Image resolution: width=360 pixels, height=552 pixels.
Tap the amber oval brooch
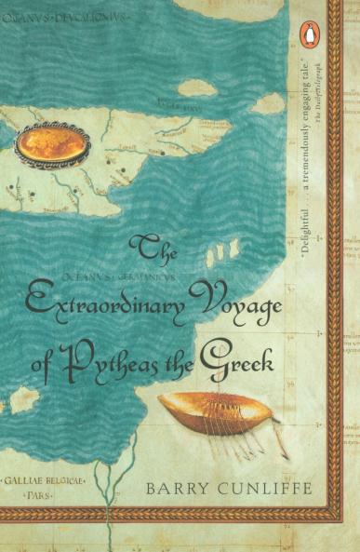tap(53, 144)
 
